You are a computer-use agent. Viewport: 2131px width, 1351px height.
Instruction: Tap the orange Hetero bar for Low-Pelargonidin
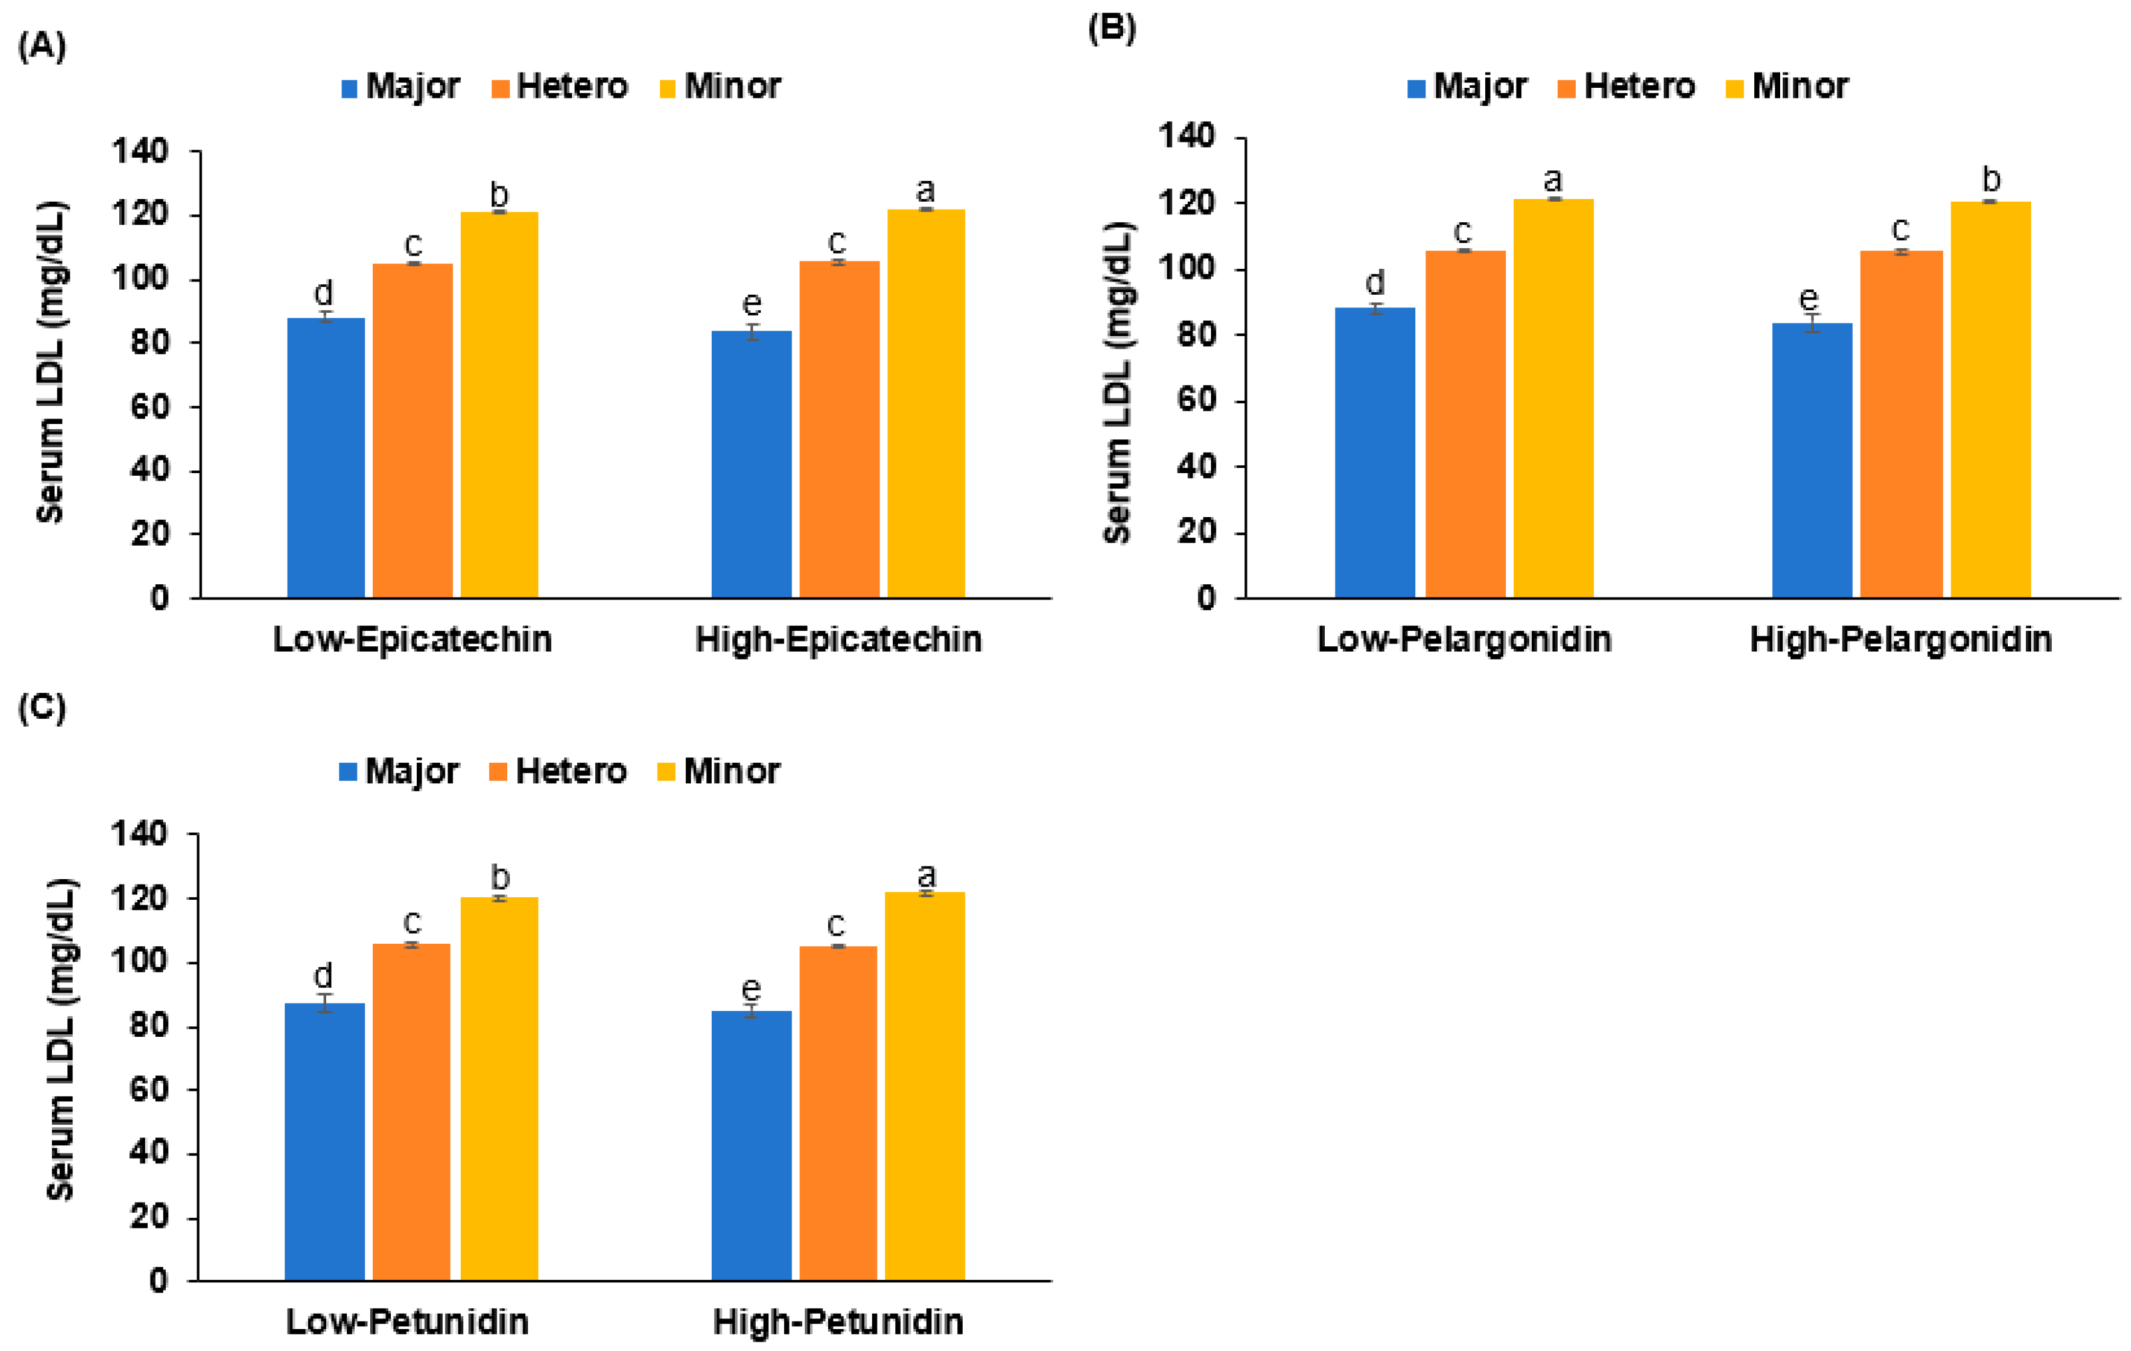1465,424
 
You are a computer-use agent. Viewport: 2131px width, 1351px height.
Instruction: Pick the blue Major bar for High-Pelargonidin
1811,460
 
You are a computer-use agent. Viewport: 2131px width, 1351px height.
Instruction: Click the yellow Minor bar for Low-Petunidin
499,1088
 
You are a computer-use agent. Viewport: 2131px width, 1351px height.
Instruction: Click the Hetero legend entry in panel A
560,87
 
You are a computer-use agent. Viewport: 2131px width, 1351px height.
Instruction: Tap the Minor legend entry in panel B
1787,87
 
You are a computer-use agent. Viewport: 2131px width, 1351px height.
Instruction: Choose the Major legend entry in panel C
399,771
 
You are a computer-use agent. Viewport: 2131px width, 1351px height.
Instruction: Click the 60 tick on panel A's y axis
150,407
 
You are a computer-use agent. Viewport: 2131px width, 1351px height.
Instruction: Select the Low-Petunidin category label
407,1322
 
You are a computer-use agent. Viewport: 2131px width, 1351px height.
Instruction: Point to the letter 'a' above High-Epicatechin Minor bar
925,189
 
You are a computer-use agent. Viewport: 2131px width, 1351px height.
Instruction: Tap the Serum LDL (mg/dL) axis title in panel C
60,1039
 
